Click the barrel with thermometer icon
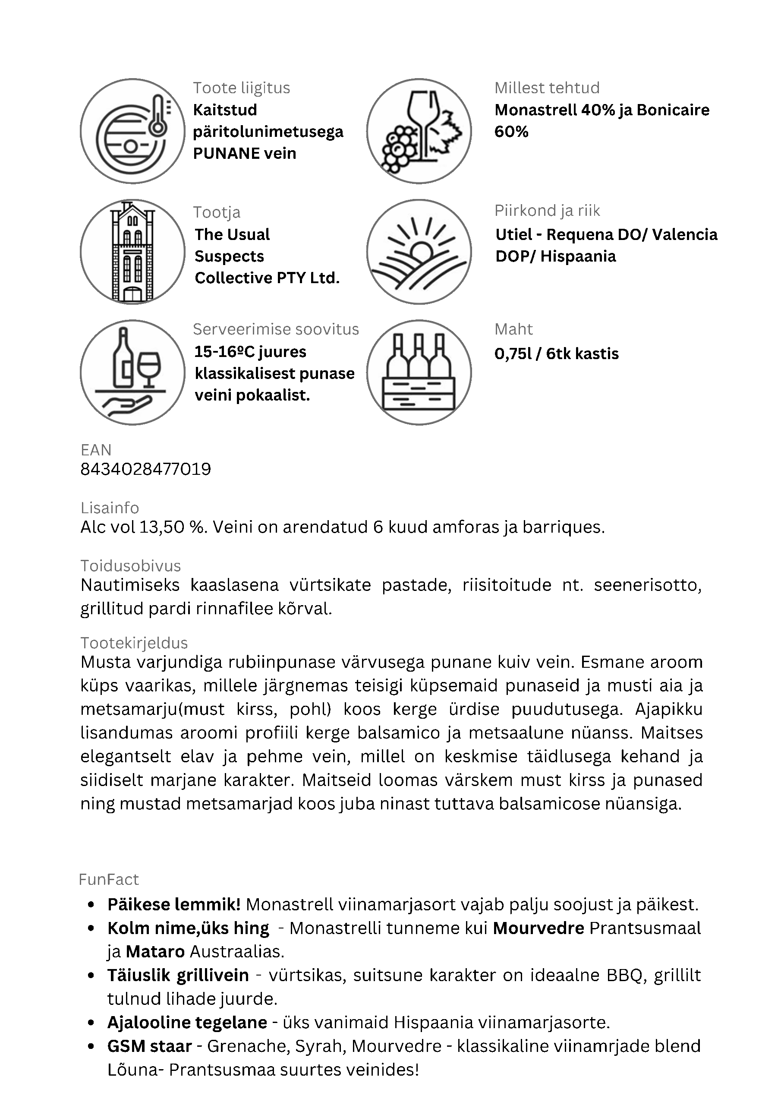coord(132,131)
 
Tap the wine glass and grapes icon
coord(419,131)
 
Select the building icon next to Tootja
coord(132,252)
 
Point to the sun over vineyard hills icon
coord(419,252)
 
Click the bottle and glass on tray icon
coord(132,373)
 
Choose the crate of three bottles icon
coord(419,373)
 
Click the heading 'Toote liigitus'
coord(242,88)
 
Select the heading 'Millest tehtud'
coord(547,88)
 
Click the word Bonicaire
coord(673,110)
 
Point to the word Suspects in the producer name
coord(230,256)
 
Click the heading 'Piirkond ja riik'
coord(547,211)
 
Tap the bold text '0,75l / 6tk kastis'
coord(557,354)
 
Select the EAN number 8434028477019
coord(146,469)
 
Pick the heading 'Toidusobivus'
coord(131,565)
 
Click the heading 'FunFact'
coord(109,880)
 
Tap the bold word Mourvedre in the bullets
coord(539,928)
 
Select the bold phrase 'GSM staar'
coord(150,1046)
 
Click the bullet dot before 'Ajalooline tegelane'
coord(91,1023)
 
